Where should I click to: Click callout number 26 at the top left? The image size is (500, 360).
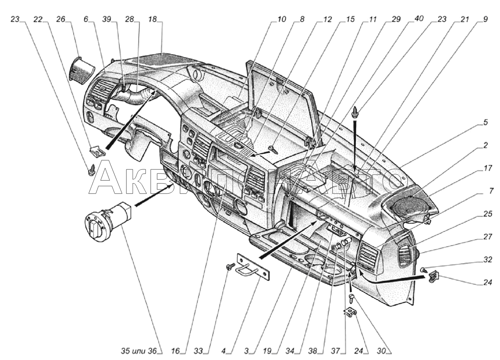pos(61,19)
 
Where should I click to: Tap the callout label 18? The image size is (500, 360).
pos(152,19)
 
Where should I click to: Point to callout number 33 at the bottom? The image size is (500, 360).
pos(198,350)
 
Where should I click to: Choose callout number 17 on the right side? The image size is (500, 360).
pos(488,168)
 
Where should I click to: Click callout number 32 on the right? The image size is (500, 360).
pos(488,260)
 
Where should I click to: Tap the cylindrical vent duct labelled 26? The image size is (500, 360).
pos(81,69)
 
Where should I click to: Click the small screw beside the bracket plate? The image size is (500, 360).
pos(229,266)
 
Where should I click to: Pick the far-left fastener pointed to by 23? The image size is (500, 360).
pos(91,171)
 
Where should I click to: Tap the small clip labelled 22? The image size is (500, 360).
pos(96,150)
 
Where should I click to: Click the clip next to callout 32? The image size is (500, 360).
pos(433,277)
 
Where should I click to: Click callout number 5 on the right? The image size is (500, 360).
pos(486,122)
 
